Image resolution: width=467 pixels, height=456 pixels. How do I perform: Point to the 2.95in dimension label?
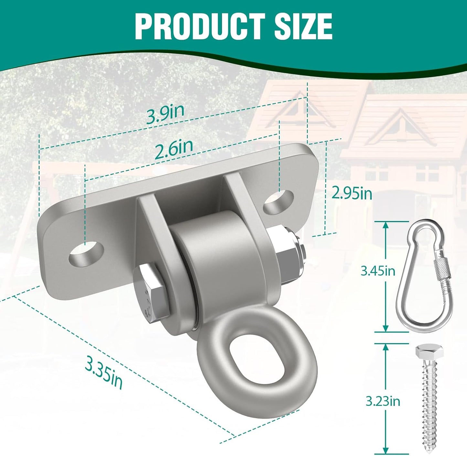pyautogui.click(x=352, y=194)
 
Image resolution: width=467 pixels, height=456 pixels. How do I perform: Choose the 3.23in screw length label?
pyautogui.click(x=383, y=401)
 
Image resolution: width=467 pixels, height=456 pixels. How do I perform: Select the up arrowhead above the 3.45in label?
pyautogui.click(x=385, y=225)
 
